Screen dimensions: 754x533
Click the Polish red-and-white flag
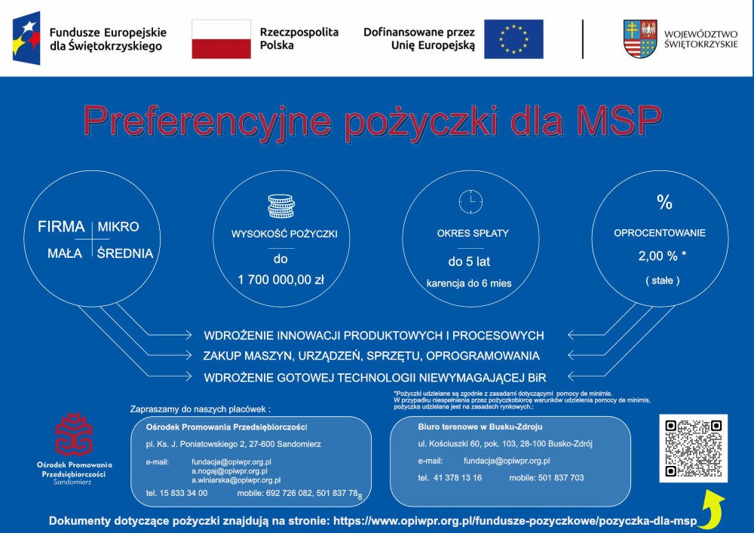(221, 39)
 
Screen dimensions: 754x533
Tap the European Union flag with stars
(513, 39)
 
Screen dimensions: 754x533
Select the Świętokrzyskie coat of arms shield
(640, 38)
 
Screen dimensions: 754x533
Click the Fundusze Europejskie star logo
(26, 38)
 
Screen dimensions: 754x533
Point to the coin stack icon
(280, 206)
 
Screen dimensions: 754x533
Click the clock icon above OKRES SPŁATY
(470, 201)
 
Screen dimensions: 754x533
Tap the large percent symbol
(664, 202)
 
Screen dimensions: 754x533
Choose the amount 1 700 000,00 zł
(280, 280)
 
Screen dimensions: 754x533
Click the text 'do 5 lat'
(469, 262)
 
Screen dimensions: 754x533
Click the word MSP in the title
(619, 121)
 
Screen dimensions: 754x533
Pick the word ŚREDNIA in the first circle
(125, 253)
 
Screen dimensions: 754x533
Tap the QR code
(693, 448)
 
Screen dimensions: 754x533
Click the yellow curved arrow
(712, 507)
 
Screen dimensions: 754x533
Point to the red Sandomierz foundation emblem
(74, 434)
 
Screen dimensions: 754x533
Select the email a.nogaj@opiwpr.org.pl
(229, 471)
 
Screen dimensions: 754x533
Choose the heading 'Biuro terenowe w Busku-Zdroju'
(480, 427)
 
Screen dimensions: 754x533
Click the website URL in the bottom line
(514, 521)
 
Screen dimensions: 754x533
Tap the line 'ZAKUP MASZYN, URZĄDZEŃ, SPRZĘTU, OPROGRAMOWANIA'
(371, 356)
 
